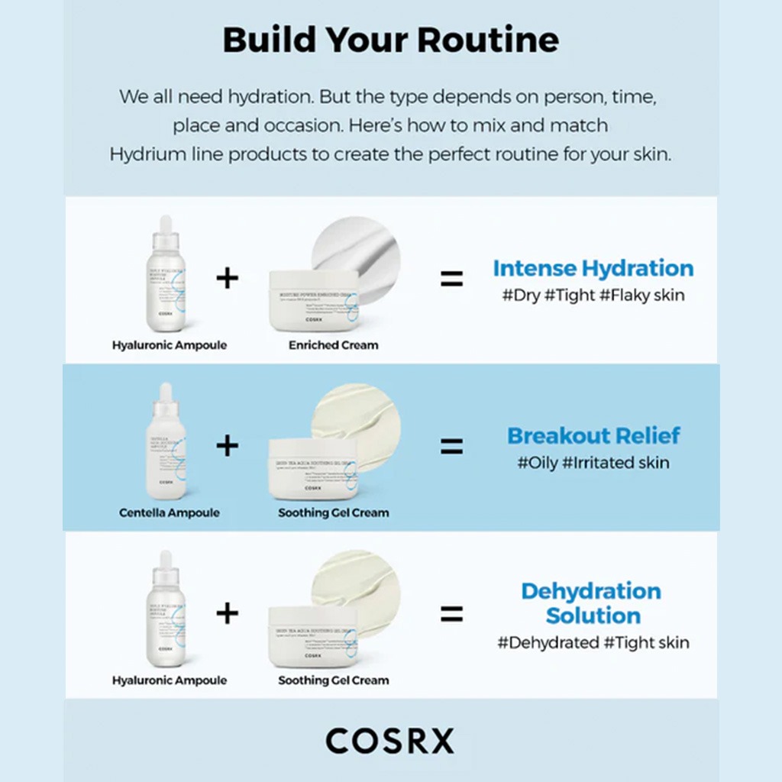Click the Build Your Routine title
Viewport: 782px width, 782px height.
point(390,40)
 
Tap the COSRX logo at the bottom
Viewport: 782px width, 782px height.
point(389,740)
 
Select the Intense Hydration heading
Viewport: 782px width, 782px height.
point(593,269)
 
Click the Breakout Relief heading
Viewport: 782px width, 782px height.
point(593,436)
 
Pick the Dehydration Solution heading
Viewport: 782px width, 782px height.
point(592,603)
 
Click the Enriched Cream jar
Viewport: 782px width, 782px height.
point(313,301)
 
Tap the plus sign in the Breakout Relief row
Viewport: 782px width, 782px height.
point(227,445)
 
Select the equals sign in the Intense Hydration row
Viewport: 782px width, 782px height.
point(451,279)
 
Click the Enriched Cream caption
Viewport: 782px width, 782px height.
point(333,345)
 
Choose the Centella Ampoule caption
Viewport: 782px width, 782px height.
point(169,512)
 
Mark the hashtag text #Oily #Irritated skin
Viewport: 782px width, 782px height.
point(593,463)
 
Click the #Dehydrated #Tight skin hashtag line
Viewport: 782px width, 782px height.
point(593,643)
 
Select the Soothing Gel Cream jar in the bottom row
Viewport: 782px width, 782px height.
point(313,635)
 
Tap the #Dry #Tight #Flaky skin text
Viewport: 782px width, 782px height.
point(593,295)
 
